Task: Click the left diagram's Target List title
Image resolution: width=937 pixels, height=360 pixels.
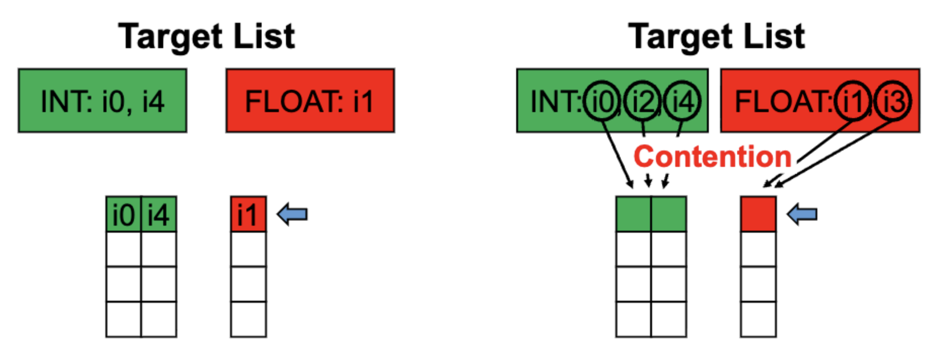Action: click(x=207, y=37)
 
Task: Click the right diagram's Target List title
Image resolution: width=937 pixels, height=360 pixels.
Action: click(x=716, y=37)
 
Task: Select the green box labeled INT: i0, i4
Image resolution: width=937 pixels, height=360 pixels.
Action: click(x=102, y=101)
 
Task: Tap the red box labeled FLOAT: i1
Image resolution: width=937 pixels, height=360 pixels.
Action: click(x=310, y=101)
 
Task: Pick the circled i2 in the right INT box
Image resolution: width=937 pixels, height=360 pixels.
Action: click(x=643, y=100)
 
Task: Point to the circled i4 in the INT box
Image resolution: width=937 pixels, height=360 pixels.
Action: click(x=682, y=100)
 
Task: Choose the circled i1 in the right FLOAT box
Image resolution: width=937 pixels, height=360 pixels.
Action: click(x=853, y=100)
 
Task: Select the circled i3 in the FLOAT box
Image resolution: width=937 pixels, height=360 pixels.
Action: click(x=893, y=100)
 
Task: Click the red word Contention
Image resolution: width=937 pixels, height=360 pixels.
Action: click(x=712, y=157)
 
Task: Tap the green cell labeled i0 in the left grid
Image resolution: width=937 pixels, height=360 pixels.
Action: click(x=124, y=214)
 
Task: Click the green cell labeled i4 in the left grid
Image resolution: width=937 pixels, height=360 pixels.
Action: click(x=159, y=214)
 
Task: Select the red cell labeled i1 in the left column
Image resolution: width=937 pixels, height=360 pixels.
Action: click(x=248, y=214)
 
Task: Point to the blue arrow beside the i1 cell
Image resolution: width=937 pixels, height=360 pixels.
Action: click(x=293, y=214)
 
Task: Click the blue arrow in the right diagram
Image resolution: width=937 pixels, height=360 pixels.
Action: click(x=802, y=214)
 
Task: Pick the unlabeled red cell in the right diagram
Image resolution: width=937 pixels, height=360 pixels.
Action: click(x=758, y=214)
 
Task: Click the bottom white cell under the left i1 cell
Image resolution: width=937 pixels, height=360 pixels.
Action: click(x=248, y=319)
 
